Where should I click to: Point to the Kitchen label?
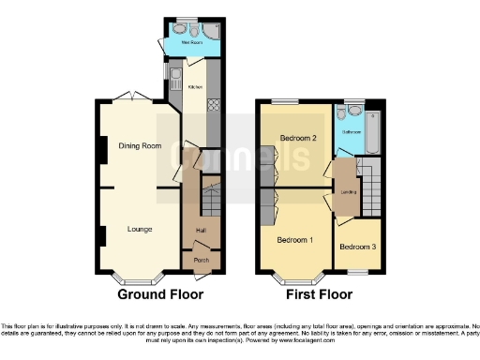[196, 87]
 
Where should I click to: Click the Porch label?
[202, 260]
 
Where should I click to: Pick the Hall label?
[201, 230]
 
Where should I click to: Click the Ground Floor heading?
[160, 294]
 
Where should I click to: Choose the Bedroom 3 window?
[356, 271]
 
